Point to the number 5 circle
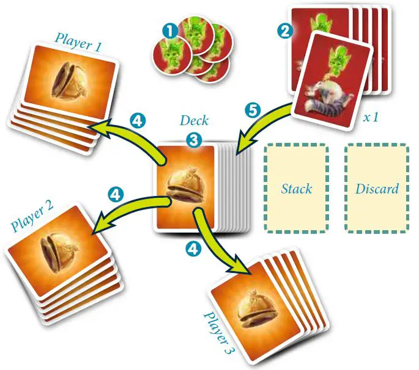coord(251,111)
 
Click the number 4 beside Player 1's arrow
coord(138,120)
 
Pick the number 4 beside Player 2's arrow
coord(115,194)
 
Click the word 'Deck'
coord(194,120)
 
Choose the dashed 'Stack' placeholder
coord(297,188)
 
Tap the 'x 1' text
coord(371,117)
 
